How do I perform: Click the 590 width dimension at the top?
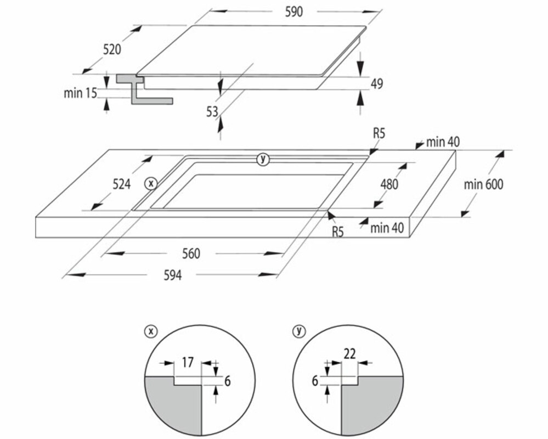[x=294, y=12]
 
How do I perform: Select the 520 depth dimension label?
[x=111, y=49]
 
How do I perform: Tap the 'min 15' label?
[x=80, y=93]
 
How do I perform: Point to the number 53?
[x=212, y=112]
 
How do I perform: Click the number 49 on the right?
[x=376, y=84]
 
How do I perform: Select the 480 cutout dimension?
[x=389, y=184]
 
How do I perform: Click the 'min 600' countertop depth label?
[x=483, y=184]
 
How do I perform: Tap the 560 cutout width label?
[x=191, y=254]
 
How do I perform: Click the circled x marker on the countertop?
[x=150, y=183]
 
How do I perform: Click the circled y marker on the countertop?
[x=264, y=159]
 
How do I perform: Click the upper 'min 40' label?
[x=443, y=143]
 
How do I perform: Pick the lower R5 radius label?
[x=337, y=232]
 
